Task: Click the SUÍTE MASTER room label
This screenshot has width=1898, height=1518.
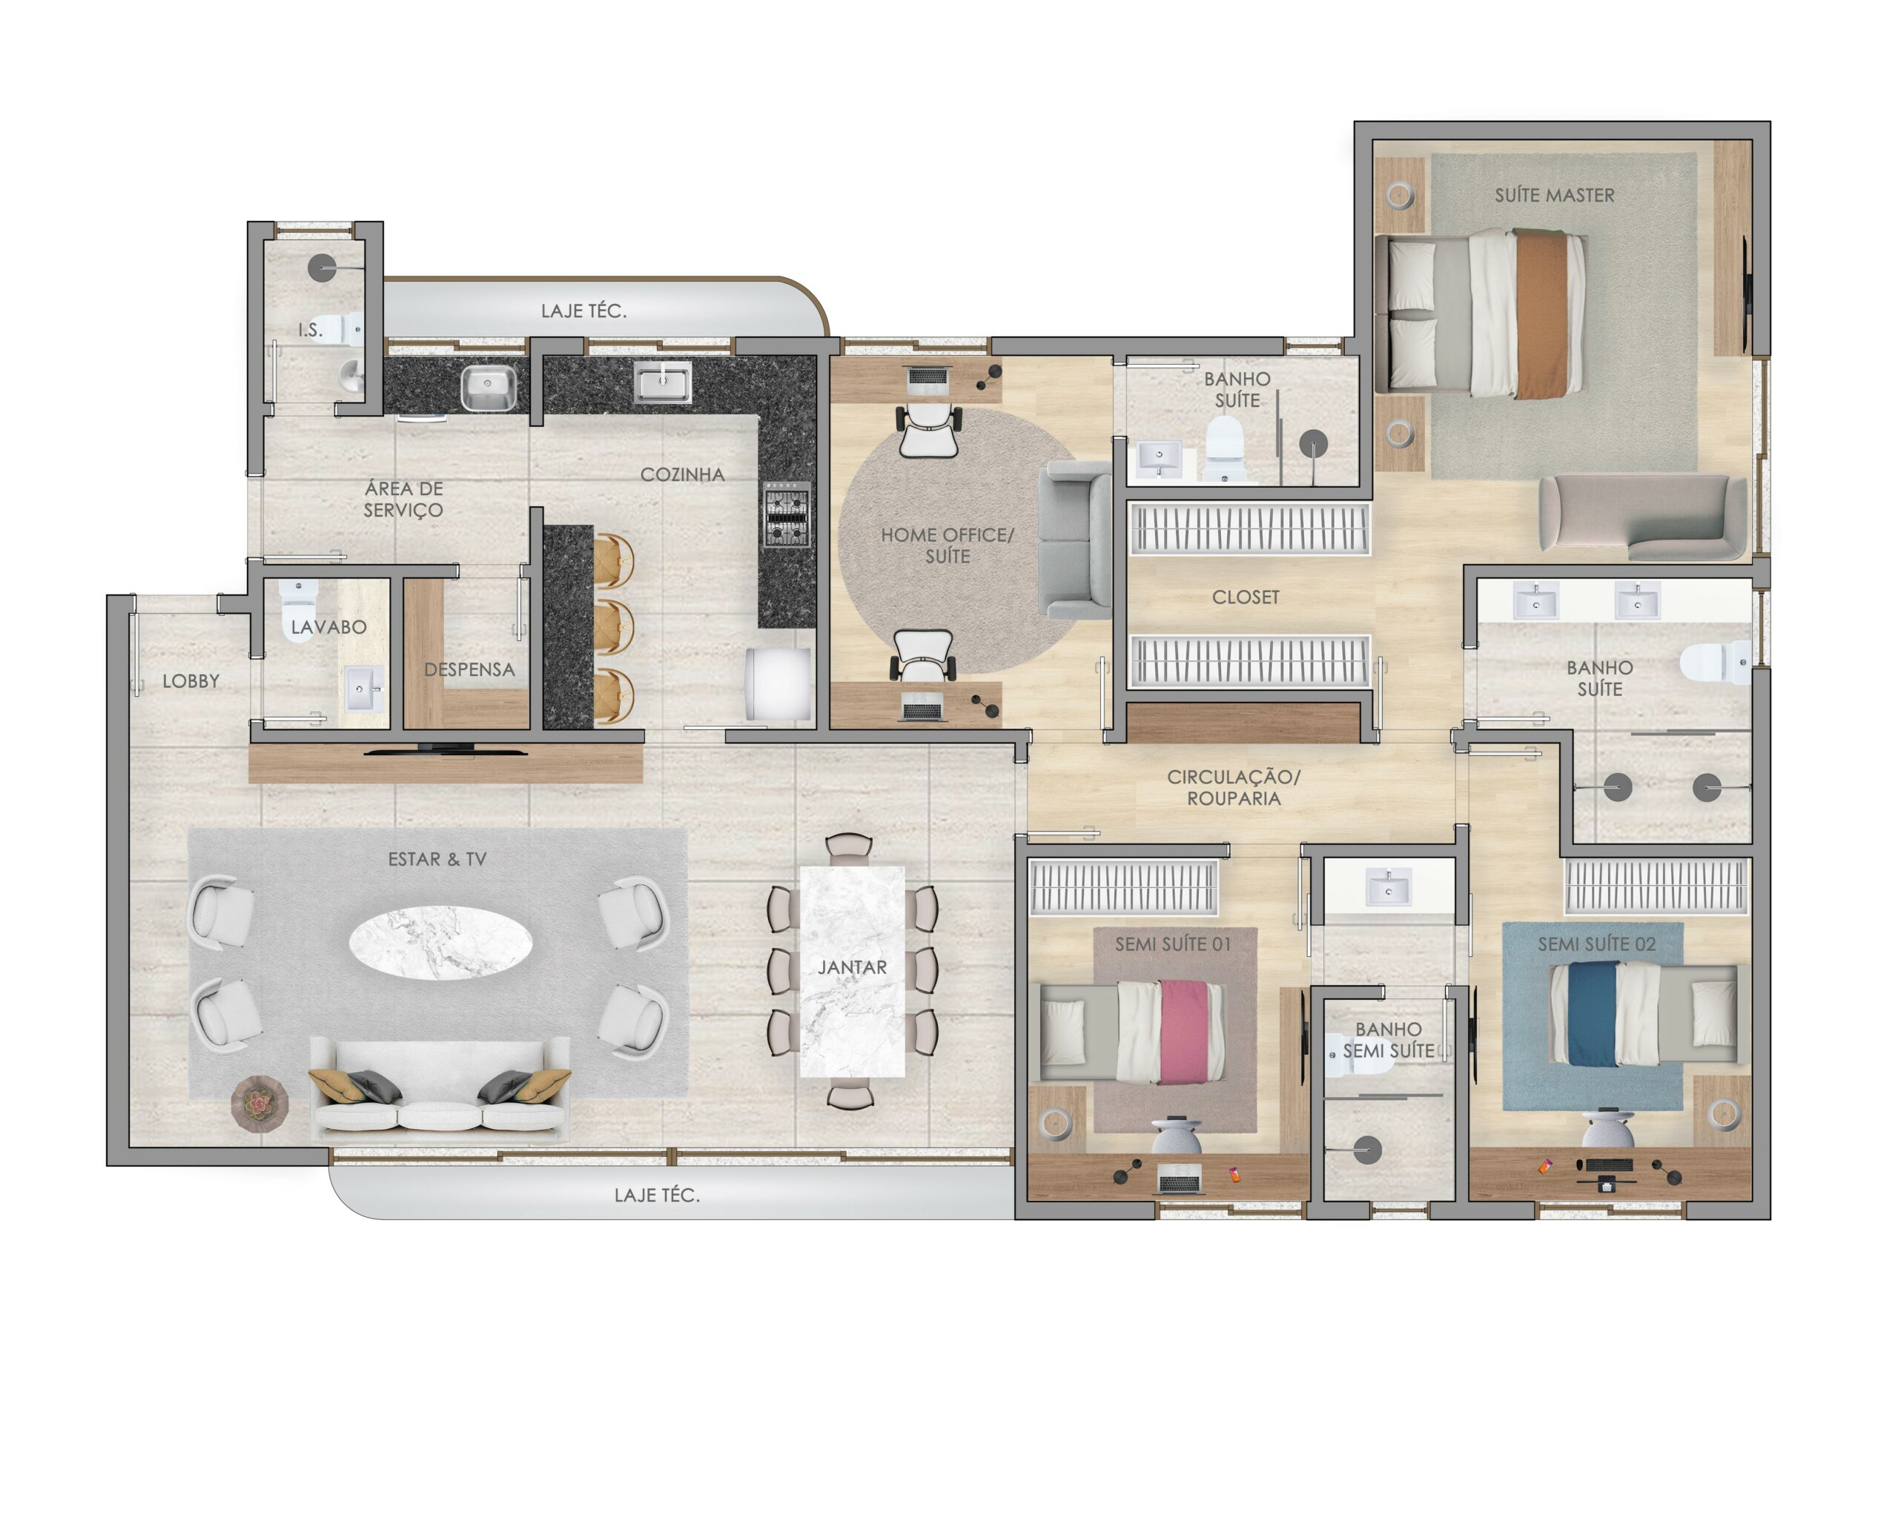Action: [1554, 196]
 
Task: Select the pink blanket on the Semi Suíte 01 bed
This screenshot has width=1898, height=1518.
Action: [1180, 1031]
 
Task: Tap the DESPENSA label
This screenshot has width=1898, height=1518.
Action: [469, 669]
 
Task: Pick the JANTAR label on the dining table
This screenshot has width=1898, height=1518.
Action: [852, 968]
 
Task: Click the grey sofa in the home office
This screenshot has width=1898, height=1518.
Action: [1075, 540]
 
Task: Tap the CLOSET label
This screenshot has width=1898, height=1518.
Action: [1245, 597]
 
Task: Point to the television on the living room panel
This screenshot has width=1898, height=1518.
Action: [446, 750]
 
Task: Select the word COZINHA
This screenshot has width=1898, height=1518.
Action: [682, 475]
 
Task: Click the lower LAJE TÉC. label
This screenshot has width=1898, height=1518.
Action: [657, 1195]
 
